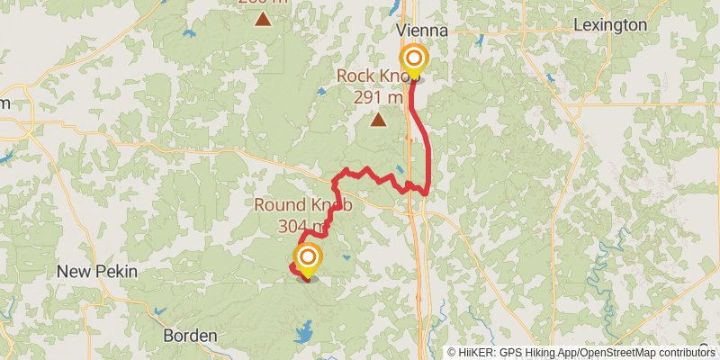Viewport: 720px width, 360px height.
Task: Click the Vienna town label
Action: (x=422, y=30)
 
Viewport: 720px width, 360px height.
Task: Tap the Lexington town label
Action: (x=609, y=25)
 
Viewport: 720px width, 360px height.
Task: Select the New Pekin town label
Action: (x=88, y=271)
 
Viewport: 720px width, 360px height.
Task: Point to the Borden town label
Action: (x=190, y=336)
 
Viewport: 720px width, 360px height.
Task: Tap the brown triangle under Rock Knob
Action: (x=379, y=118)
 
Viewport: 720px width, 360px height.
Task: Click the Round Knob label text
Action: (x=301, y=204)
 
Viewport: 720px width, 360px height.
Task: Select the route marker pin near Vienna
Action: (x=413, y=60)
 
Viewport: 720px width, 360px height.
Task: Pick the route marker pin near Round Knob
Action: (x=308, y=259)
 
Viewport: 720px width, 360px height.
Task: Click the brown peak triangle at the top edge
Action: (x=263, y=18)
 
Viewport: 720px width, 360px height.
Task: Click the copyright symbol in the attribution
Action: (x=453, y=353)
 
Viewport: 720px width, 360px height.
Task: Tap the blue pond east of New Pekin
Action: (x=160, y=310)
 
